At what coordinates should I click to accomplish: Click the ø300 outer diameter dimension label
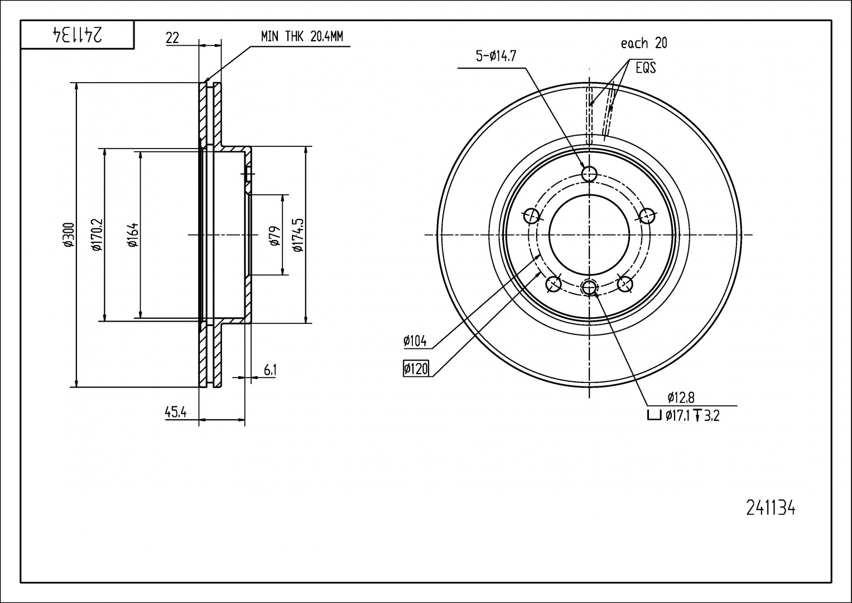pos(68,234)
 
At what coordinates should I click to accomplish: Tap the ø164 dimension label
pos(132,234)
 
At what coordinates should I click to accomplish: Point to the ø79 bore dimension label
pos(275,235)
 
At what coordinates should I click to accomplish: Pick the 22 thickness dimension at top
pos(172,38)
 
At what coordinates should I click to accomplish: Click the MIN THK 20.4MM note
pos(302,37)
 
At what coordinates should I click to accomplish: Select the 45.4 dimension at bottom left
pos(175,413)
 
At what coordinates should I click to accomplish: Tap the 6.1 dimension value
pos(270,370)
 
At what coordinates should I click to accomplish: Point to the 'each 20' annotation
pos(644,43)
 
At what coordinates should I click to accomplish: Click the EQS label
pos(646,68)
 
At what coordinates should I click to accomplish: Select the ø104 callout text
pos(415,340)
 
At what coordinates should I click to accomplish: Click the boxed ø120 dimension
pos(416,369)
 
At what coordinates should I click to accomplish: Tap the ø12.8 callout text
pos(681,398)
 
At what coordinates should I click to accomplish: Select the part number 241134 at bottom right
pos(770,509)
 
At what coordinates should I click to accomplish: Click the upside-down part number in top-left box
pos(77,35)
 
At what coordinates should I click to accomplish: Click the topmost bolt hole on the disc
pos(589,174)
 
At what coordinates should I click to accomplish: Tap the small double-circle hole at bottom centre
pos(589,288)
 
